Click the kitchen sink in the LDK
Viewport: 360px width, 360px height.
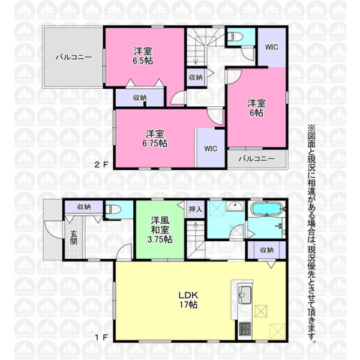(245, 295)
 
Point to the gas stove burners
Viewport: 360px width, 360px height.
(245, 329)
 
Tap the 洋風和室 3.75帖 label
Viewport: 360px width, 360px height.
(160, 230)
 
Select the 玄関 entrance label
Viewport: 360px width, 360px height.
(73, 238)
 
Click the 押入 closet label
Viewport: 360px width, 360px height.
(196, 209)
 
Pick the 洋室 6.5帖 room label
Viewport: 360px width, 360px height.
(143, 56)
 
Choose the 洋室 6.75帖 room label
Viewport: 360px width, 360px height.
(155, 139)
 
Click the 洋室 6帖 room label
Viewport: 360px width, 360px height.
(256, 108)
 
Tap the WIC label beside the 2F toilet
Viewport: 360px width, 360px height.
(272, 47)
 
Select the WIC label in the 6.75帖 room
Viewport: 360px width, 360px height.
(211, 149)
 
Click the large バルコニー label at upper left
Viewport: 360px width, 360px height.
(74, 57)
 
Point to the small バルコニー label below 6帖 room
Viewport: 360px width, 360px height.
(257, 158)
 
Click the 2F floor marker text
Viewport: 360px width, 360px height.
(101, 164)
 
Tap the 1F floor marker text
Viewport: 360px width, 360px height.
(101, 337)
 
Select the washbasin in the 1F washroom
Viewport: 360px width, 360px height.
(235, 206)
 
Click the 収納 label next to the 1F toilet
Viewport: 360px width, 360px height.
(83, 207)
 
